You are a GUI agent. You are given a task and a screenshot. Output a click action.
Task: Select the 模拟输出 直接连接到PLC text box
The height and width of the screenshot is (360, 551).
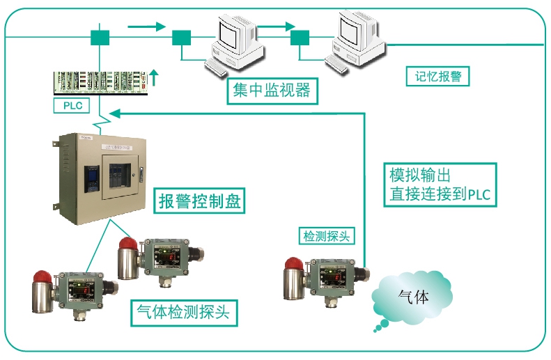pyautogui.click(x=440, y=185)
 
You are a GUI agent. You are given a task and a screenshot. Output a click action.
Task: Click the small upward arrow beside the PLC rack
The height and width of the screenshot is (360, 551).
pyautogui.click(x=154, y=75)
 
